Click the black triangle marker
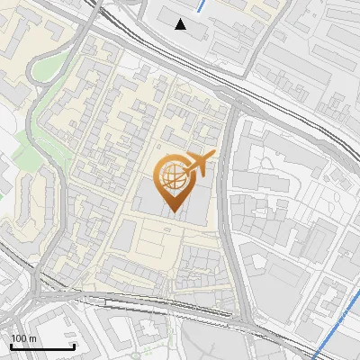coord(181,24)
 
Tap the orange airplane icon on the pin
coord(200,163)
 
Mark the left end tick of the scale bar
coord(10,346)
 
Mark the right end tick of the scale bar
coord(74,346)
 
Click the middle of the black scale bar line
coord(41,347)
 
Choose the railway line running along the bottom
coord(180,311)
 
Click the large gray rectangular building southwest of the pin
coord(126,236)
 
